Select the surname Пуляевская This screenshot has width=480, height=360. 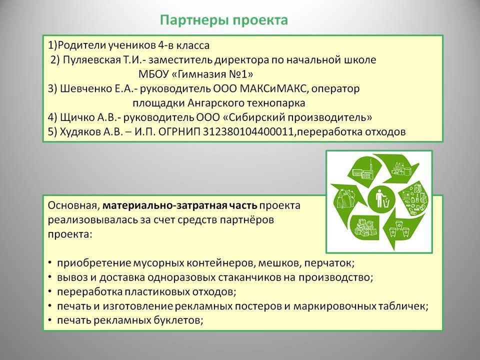(x=92, y=60)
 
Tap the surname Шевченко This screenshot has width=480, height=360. (x=86, y=89)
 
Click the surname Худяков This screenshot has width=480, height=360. (x=79, y=132)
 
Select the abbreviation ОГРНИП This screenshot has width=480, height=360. (x=179, y=132)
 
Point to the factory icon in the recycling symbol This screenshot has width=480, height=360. (x=363, y=171)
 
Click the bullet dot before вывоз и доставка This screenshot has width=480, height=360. (x=50, y=278)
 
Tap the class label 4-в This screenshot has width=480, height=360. (x=165, y=45)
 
